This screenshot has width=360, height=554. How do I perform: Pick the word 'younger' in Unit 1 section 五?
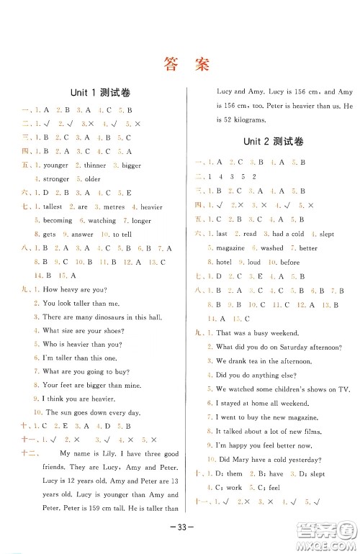[55, 165]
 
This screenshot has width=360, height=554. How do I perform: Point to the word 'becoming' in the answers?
[58, 221]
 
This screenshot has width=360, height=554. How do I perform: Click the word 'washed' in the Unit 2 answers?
[272, 248]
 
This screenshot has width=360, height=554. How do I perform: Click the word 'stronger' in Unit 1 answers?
[56, 179]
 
